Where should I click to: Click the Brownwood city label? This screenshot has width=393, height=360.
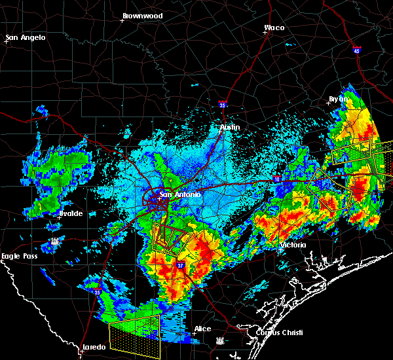[142, 14]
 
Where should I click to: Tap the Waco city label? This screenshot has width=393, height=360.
[274, 27]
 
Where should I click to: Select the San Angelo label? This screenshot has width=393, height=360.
[26, 37]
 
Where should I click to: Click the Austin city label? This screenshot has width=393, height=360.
[230, 127]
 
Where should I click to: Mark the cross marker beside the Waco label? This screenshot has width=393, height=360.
[265, 34]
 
